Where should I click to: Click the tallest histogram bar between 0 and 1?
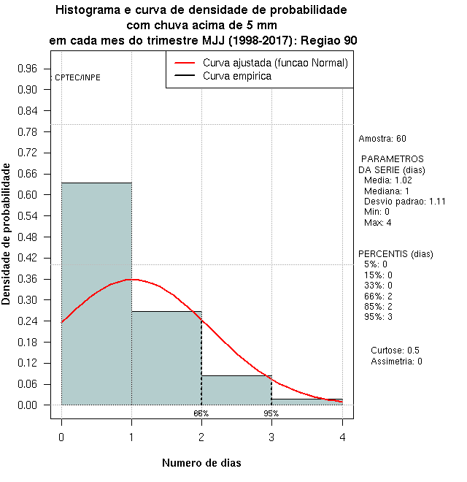coord(96,292)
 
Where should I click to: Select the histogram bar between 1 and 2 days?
coord(166,358)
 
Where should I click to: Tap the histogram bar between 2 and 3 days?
coord(236,390)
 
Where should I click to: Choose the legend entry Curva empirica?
coord(236,75)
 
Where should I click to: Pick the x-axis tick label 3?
coord(271,437)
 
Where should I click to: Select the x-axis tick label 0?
coord(61,437)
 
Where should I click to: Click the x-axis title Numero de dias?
coord(201,463)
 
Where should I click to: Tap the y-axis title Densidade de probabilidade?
coord(7,234)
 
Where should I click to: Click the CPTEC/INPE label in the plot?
coord(77,77)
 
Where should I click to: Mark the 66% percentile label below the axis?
coord(201,413)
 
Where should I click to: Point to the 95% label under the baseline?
coord(271,413)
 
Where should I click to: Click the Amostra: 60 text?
coord(382,139)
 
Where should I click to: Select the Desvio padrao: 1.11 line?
coord(404,202)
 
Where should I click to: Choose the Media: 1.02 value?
coord(388,180)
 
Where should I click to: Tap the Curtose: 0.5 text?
coord(395,351)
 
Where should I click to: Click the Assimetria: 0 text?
coord(396,361)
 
